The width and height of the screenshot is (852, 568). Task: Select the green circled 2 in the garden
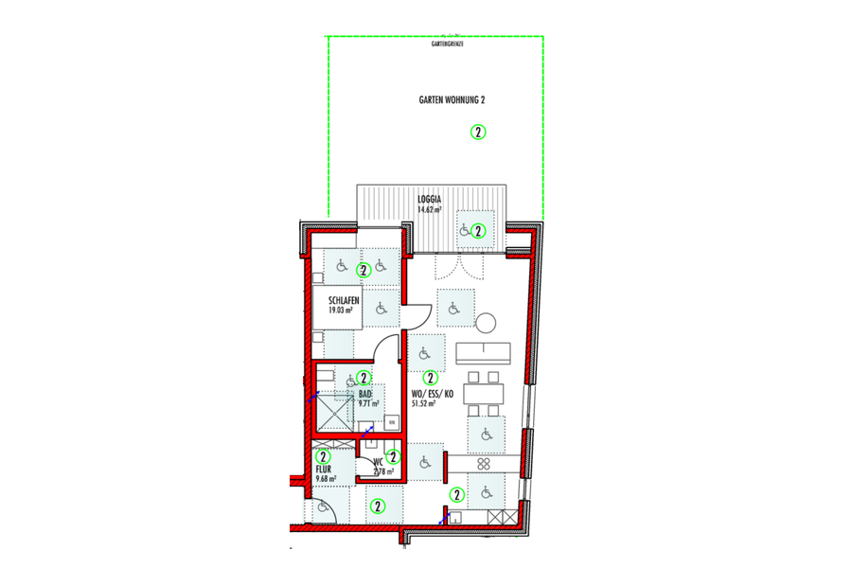tap(478, 132)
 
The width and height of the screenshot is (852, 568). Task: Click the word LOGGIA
tap(431, 201)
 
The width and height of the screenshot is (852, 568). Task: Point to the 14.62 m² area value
tap(431, 210)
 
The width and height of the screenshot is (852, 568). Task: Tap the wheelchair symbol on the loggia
tap(464, 229)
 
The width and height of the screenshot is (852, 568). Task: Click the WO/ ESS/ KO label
tap(431, 393)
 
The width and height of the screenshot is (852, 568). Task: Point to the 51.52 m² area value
tap(423, 403)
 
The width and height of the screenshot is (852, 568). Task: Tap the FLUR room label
tap(324, 468)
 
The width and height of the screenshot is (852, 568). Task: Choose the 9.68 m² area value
tap(325, 479)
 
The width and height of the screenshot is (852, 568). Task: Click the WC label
tap(378, 462)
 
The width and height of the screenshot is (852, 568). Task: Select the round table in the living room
tap(486, 323)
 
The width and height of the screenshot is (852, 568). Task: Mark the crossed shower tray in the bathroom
tap(333, 410)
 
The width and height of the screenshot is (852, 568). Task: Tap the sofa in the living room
tap(484, 353)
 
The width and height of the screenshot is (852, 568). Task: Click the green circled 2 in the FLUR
tap(324, 457)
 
